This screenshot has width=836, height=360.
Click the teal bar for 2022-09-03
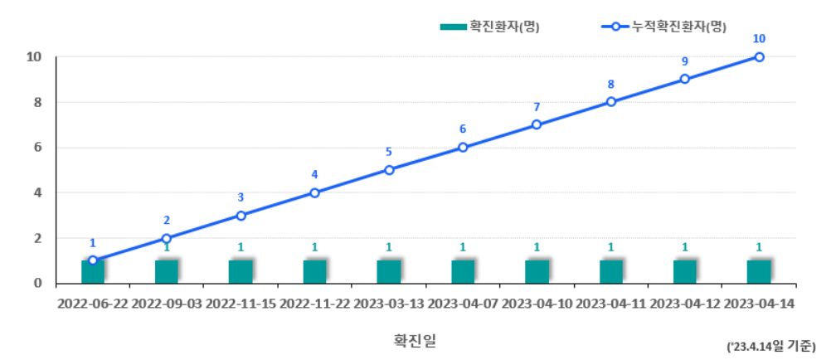[x=167, y=271]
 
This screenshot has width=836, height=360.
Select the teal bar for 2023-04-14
[x=759, y=271]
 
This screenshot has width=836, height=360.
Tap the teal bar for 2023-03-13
[x=389, y=271]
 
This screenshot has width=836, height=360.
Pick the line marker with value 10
[x=759, y=57]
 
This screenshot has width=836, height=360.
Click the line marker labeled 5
[x=389, y=170]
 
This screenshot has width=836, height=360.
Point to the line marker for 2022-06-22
[x=93, y=260]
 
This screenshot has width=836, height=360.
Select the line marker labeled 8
[x=611, y=102]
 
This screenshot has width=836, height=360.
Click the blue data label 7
[x=537, y=107]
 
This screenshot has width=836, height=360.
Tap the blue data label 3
[x=241, y=197]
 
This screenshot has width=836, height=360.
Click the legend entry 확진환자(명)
[x=490, y=27]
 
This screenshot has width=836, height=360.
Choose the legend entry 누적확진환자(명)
[x=663, y=27]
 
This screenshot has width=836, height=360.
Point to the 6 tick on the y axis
[x=37, y=148]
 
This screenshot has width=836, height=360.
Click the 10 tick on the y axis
[x=34, y=57]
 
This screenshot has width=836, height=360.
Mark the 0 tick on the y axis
[x=37, y=283]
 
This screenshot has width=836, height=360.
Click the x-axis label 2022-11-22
[x=314, y=304]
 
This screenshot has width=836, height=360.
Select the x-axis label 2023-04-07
[x=463, y=304]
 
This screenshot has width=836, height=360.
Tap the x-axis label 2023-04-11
[x=611, y=304]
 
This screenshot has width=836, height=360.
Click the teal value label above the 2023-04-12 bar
[x=685, y=247]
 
